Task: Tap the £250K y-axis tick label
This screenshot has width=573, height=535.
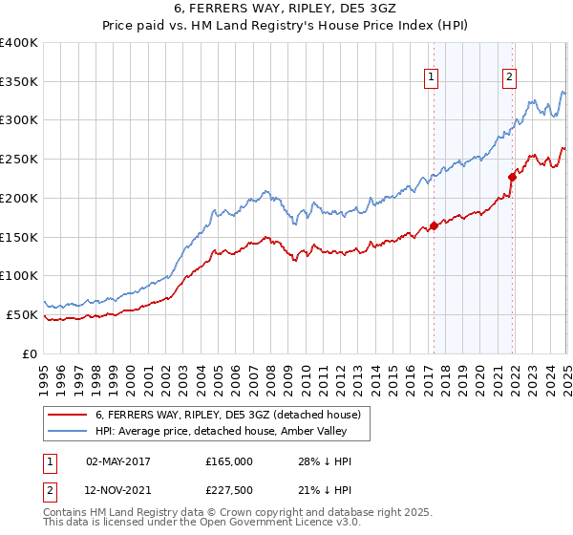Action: (19, 159)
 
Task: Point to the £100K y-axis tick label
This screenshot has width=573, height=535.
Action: (19, 275)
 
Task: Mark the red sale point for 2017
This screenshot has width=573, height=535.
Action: (434, 225)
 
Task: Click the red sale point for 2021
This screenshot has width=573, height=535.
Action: (513, 176)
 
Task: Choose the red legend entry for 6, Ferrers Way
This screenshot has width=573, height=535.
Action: (227, 415)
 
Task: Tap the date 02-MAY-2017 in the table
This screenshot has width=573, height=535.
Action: (125, 461)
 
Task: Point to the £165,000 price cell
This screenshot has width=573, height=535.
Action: (228, 461)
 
